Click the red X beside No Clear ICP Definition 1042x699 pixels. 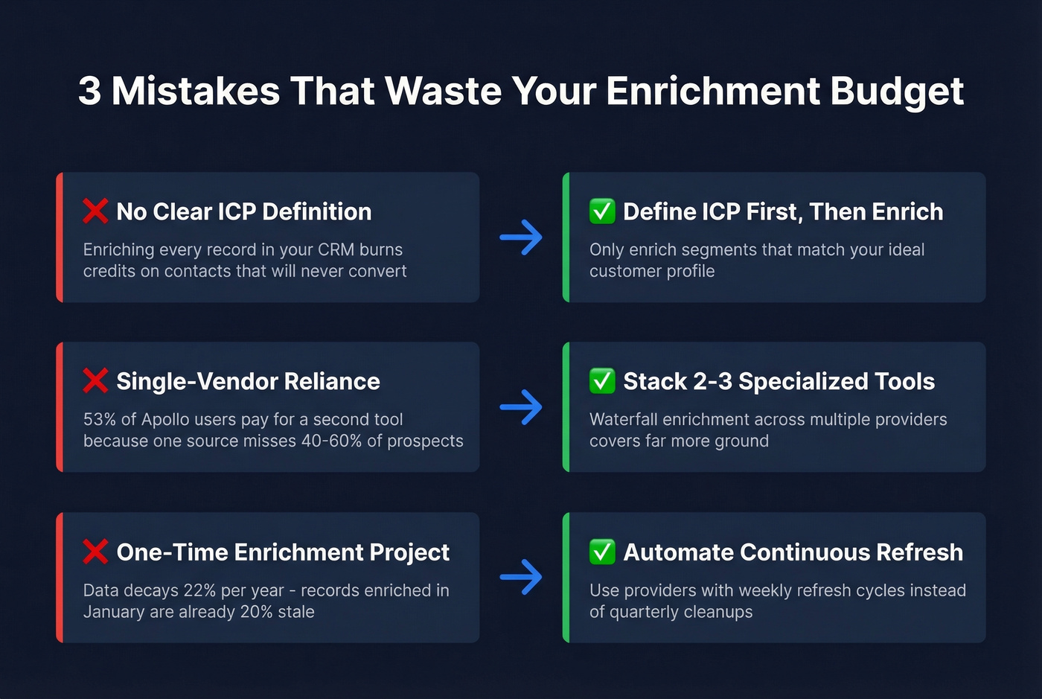click(95, 211)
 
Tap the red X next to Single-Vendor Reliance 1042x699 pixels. click(95, 381)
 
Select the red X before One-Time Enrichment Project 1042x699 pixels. click(95, 552)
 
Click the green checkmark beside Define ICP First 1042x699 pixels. click(602, 211)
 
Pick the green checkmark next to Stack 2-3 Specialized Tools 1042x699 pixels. click(602, 381)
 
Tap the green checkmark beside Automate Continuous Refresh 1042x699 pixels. click(602, 552)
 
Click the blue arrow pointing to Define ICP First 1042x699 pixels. click(521, 237)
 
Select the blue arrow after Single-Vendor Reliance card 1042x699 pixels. click(521, 407)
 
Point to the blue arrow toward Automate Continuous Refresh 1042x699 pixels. click(521, 577)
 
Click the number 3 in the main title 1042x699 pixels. click(89, 91)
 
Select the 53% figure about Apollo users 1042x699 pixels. click(99, 420)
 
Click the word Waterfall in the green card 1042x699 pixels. click(622, 420)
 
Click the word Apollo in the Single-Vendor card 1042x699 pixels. click(166, 420)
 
